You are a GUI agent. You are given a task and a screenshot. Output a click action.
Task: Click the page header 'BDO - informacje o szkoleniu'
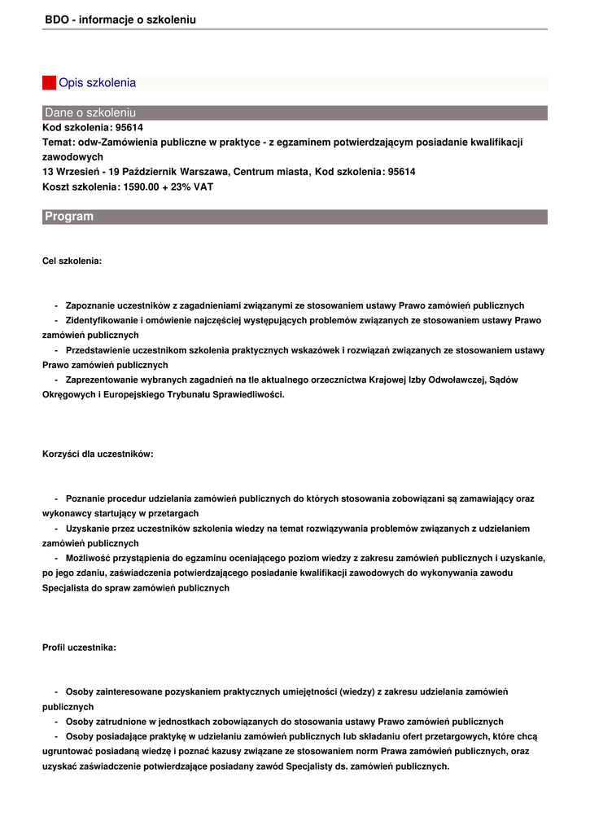120,19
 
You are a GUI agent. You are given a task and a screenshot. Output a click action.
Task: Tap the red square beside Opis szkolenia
49,83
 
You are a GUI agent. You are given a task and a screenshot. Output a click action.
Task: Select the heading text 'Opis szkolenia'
97,83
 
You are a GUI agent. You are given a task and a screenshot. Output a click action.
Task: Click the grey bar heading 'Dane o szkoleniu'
90,112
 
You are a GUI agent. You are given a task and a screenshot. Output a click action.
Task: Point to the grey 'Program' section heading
69,217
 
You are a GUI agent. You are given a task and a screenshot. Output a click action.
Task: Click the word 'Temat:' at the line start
59,142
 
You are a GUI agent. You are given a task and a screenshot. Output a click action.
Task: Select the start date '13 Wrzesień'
70,172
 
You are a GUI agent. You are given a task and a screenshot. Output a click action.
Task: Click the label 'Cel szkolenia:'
72,261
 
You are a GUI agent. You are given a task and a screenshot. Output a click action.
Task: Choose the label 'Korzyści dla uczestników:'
98,454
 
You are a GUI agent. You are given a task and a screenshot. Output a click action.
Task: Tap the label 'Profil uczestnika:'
79,647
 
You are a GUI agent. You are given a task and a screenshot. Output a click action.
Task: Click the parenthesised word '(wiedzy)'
356,691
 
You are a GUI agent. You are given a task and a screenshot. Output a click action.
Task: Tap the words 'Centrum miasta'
272,172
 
